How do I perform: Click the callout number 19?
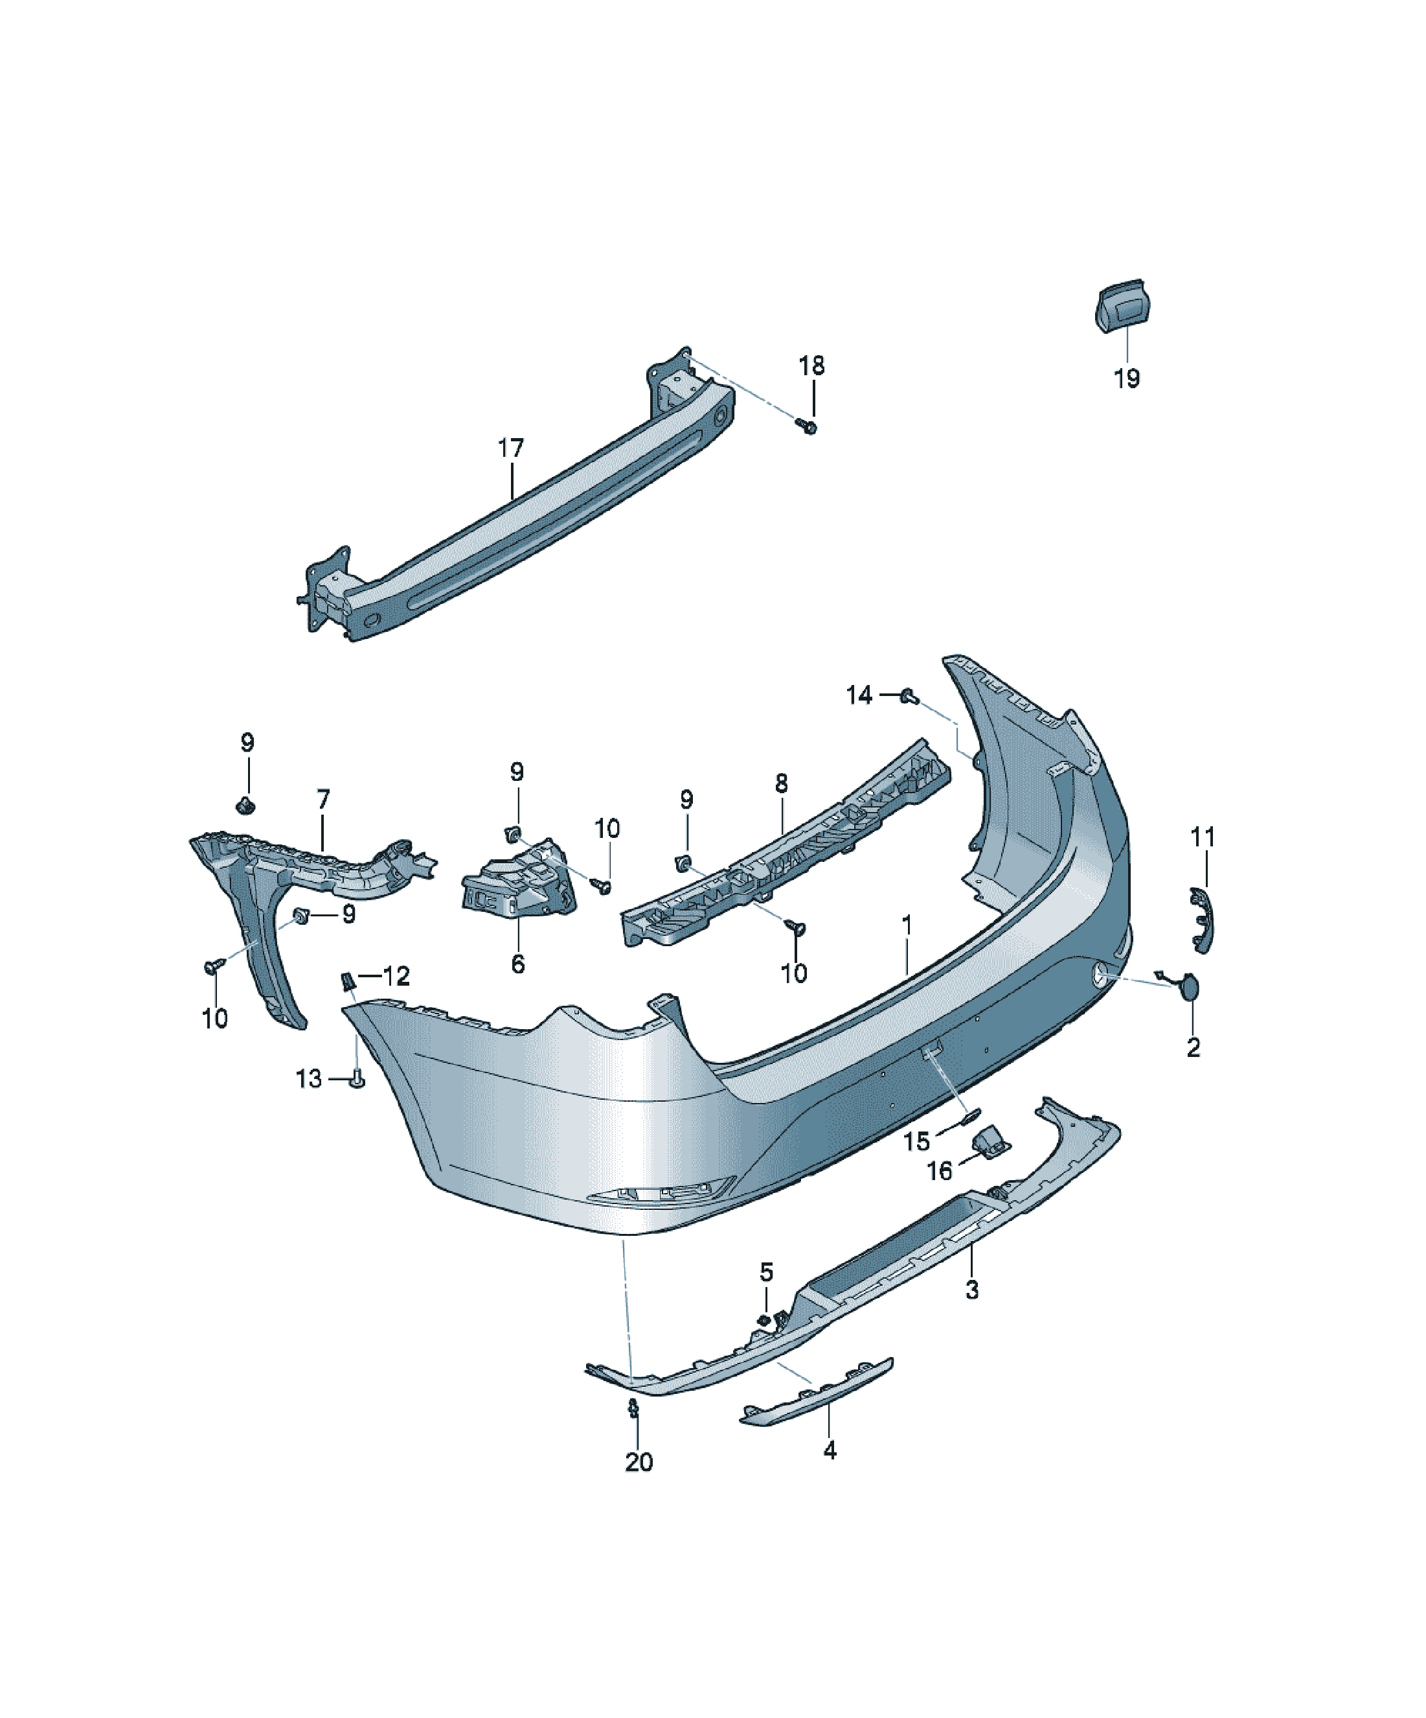pos(1126,378)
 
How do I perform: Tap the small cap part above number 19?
pos(1121,305)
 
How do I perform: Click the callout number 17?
pos(510,448)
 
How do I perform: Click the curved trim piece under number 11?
pos(1202,920)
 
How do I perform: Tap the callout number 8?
pos(781,783)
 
